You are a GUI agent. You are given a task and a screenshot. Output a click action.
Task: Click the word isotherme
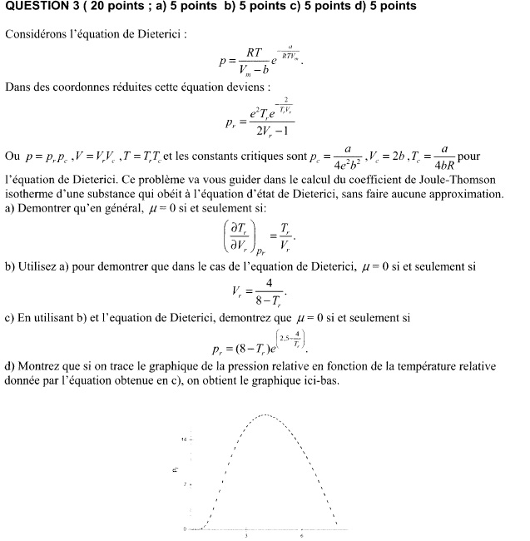click(29, 194)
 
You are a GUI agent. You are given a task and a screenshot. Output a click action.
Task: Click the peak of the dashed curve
click(266, 414)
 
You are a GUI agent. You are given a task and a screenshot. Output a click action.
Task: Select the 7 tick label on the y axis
click(186, 484)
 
